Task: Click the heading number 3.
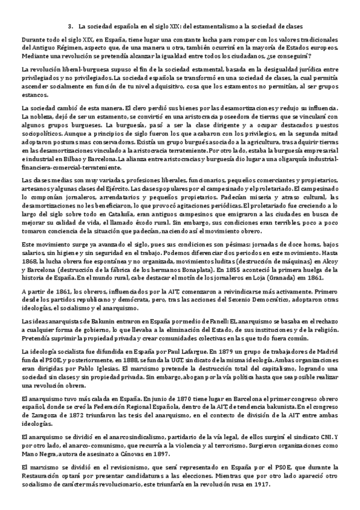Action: tap(71, 26)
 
